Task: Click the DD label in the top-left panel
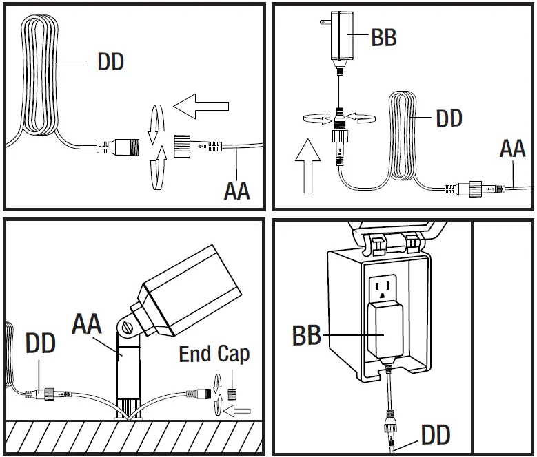click(x=110, y=62)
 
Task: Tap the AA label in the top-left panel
click(x=236, y=190)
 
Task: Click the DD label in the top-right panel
click(x=449, y=118)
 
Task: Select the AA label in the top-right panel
click(x=513, y=147)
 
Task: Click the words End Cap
click(x=214, y=354)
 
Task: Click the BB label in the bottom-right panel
click(x=307, y=336)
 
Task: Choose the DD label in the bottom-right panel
click(x=436, y=435)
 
